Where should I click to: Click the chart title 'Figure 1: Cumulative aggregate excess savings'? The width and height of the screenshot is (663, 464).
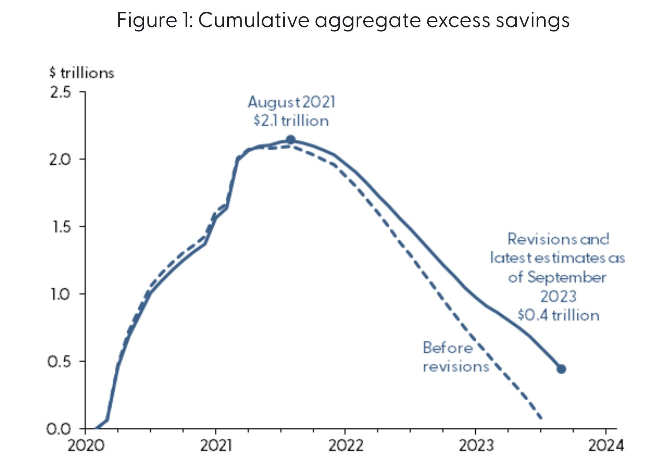tap(343, 20)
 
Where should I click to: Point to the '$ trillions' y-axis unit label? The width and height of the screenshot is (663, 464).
tap(82, 73)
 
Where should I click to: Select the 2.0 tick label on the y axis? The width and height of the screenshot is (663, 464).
tap(60, 160)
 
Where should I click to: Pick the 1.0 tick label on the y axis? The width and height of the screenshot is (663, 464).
tap(59, 294)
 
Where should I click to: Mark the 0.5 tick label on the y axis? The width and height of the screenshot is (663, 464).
tap(59, 362)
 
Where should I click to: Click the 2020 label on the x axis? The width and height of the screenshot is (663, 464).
tap(86, 446)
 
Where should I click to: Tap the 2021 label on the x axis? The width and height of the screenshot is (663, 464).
tap(216, 446)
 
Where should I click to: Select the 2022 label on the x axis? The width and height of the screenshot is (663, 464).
tap(346, 446)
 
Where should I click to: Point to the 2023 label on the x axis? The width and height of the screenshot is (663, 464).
tap(476, 446)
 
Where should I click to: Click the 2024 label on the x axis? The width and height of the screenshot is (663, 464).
tap(606, 446)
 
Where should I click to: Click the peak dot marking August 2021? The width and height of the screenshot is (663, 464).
tap(291, 139)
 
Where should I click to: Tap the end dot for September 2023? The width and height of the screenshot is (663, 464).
tap(561, 369)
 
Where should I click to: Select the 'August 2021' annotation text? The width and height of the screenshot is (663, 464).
tap(292, 102)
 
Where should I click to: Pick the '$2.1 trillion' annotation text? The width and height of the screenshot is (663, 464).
tap(291, 121)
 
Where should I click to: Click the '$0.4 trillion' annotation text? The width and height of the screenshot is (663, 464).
tap(558, 315)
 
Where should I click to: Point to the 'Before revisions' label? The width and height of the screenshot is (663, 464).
tap(456, 357)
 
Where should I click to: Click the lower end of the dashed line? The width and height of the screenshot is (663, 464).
tap(541, 417)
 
